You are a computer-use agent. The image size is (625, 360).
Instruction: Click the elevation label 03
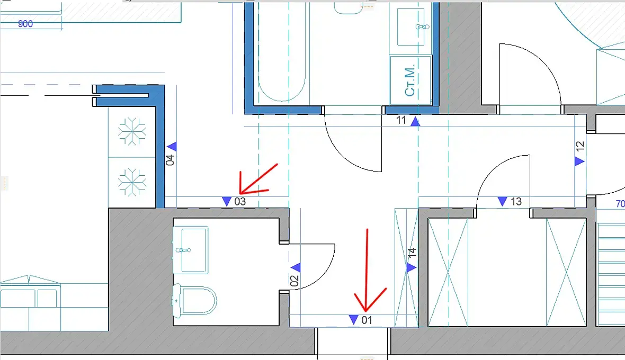(240, 202)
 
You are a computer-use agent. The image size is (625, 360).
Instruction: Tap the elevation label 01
(367, 320)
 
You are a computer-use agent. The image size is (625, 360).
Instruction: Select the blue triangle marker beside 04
(172, 147)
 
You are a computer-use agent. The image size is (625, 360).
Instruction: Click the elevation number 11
(401, 120)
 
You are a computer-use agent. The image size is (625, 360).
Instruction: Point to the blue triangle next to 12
(579, 161)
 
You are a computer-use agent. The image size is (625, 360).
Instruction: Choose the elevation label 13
(516, 202)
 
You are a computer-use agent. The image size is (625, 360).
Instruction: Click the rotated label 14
(412, 252)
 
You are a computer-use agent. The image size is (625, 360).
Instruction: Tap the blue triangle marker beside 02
(296, 267)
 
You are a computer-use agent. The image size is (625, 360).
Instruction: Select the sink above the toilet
(191, 250)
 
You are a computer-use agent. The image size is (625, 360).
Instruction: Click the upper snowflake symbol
(132, 131)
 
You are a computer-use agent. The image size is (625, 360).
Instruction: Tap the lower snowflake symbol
(132, 183)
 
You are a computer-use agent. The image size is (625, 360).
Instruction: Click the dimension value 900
(25, 24)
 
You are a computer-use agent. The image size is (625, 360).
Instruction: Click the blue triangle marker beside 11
(415, 121)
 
